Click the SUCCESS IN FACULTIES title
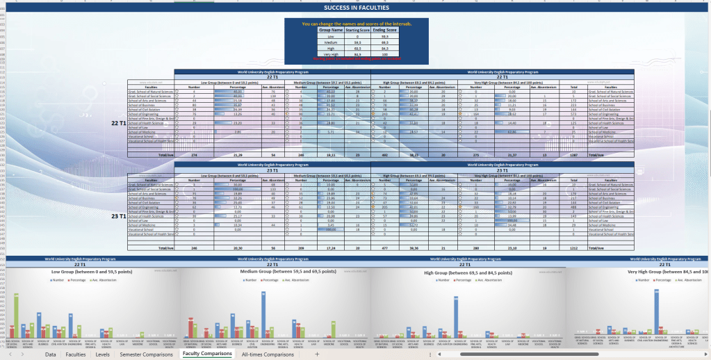pos(356,7)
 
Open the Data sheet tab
pos(51,354)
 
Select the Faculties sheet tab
pos(76,354)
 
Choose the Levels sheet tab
pos(102,354)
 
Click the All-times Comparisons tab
pos(268,354)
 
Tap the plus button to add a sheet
pos(317,354)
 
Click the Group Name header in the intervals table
pos(331,31)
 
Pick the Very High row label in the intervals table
pos(331,54)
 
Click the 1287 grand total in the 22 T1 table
pos(574,154)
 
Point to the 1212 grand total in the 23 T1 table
pos(574,247)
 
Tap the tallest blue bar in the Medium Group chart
pos(264,314)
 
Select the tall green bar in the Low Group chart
pos(16,316)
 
